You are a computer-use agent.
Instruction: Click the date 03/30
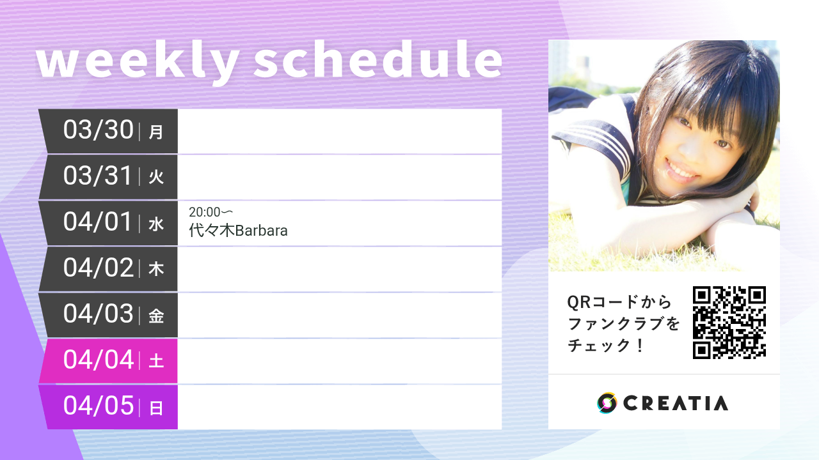[x=98, y=130]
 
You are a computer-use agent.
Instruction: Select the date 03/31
[x=98, y=176]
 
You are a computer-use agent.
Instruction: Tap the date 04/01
[x=98, y=222]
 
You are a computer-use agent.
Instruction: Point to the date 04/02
[x=98, y=268]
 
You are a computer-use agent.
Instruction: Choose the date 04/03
[x=98, y=314]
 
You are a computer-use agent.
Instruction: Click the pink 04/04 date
[x=98, y=360]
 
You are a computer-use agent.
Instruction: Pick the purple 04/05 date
[x=98, y=406]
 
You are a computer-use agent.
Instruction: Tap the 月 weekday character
[x=156, y=132]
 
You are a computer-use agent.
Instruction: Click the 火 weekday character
[x=156, y=178]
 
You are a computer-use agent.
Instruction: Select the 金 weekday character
[x=156, y=316]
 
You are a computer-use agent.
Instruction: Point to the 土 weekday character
[x=156, y=362]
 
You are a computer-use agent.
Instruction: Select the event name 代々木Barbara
[x=238, y=231]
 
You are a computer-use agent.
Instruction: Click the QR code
[x=729, y=322]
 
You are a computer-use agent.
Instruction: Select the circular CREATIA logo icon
[x=607, y=403]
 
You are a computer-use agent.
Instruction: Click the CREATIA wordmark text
[x=676, y=403]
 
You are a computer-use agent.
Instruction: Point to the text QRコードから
[x=619, y=302]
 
